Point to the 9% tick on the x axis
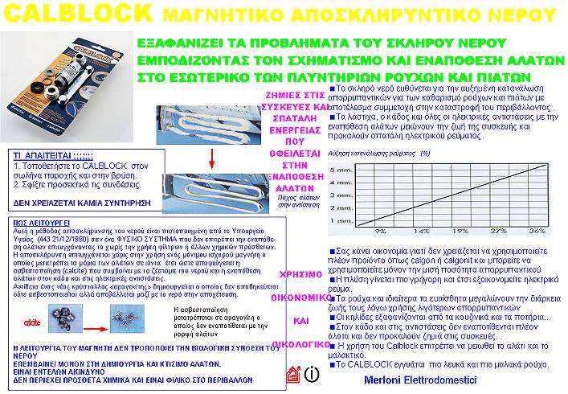[380, 230]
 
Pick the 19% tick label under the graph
[464, 230]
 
